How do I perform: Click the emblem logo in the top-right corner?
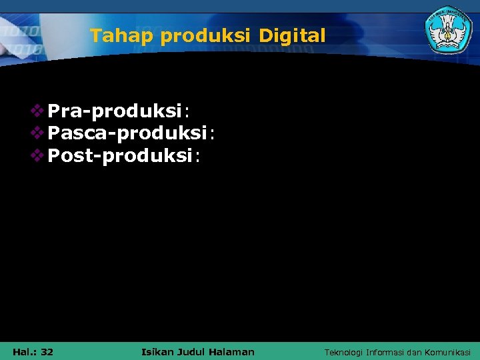[446, 29]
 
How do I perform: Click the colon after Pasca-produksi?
[212, 135]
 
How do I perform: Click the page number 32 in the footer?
[47, 351]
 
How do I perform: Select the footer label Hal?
[23, 351]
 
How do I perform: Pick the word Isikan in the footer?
[157, 351]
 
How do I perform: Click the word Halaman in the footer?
[231, 351]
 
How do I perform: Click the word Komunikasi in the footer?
[449, 352]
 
